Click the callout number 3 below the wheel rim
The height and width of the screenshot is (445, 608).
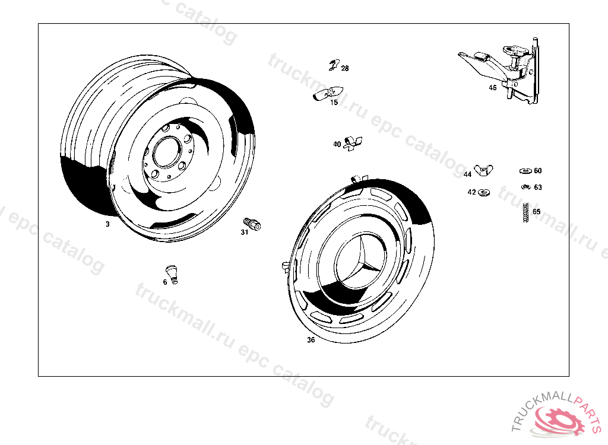(x=107, y=224)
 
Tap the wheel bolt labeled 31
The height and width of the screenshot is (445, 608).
(x=252, y=224)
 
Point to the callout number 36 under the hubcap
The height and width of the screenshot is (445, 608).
(x=311, y=340)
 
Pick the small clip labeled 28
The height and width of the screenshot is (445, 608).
(x=334, y=65)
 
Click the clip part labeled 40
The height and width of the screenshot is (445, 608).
(x=353, y=142)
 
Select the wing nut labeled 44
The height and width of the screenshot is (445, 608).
(x=483, y=169)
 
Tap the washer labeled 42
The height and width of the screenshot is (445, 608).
(x=483, y=192)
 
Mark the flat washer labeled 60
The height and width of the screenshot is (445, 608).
(x=526, y=171)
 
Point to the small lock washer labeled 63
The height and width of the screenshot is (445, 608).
(x=526, y=187)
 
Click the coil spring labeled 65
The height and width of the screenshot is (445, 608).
(x=526, y=212)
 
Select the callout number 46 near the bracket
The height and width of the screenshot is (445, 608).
(x=492, y=88)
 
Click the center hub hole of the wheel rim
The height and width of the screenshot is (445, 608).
(x=167, y=151)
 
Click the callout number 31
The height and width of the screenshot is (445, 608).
(x=244, y=232)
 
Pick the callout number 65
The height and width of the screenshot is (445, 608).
(x=537, y=212)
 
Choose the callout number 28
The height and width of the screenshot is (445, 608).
(x=345, y=68)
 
